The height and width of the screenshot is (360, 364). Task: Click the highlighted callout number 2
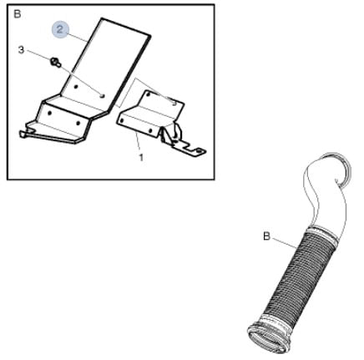pos(60,29)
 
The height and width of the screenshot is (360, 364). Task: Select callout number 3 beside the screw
pos(21,50)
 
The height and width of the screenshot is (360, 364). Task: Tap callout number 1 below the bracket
pos(141,158)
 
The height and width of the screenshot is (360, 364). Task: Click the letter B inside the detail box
pos(18,14)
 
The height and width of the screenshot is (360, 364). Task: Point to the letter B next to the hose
pos(266,236)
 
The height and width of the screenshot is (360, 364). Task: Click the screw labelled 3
pos(55,62)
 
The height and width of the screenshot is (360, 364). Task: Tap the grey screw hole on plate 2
pos(103,95)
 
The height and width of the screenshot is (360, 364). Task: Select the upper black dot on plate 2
pos(75,87)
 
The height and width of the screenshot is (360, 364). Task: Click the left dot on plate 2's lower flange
pos(50,113)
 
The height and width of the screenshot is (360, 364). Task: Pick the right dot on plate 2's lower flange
pos(78,123)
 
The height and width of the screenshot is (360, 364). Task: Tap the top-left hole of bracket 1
pos(149,94)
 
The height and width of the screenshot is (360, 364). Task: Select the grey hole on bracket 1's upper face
pos(174,104)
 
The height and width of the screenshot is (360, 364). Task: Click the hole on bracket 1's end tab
pos(199,150)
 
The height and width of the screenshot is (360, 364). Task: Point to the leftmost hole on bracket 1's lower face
pos(122,120)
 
